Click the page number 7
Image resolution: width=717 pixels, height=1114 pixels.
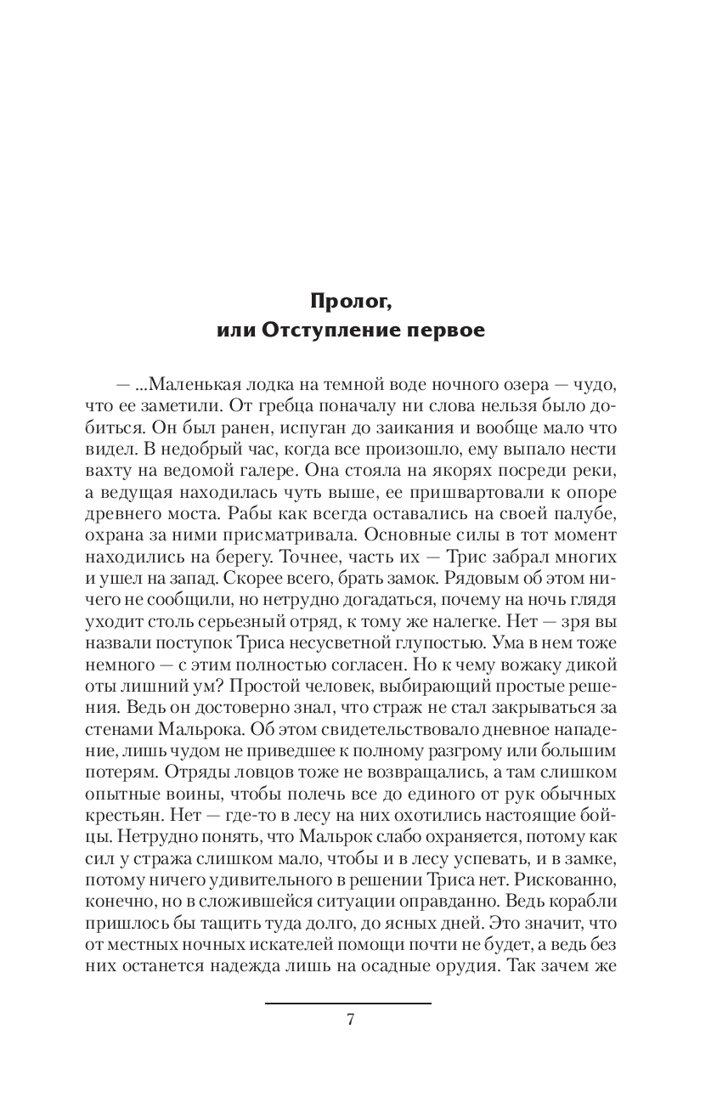coord(350,1021)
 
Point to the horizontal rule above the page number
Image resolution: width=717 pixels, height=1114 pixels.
coord(348,1004)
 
